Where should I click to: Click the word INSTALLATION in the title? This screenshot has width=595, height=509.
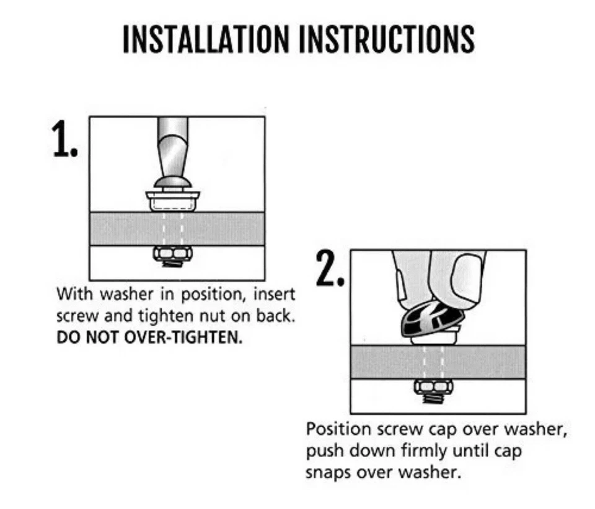[206, 39]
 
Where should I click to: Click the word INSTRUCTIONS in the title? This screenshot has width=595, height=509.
[387, 39]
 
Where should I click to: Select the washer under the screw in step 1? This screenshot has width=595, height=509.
[173, 201]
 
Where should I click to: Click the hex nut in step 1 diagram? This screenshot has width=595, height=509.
[172, 253]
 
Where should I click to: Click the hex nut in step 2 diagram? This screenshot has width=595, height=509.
[433, 386]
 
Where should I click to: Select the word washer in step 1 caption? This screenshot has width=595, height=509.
[126, 294]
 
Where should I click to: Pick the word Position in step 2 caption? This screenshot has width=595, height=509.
[338, 429]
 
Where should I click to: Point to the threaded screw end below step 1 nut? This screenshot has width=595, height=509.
[172, 263]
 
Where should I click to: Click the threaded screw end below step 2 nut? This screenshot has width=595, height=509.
[433, 398]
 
